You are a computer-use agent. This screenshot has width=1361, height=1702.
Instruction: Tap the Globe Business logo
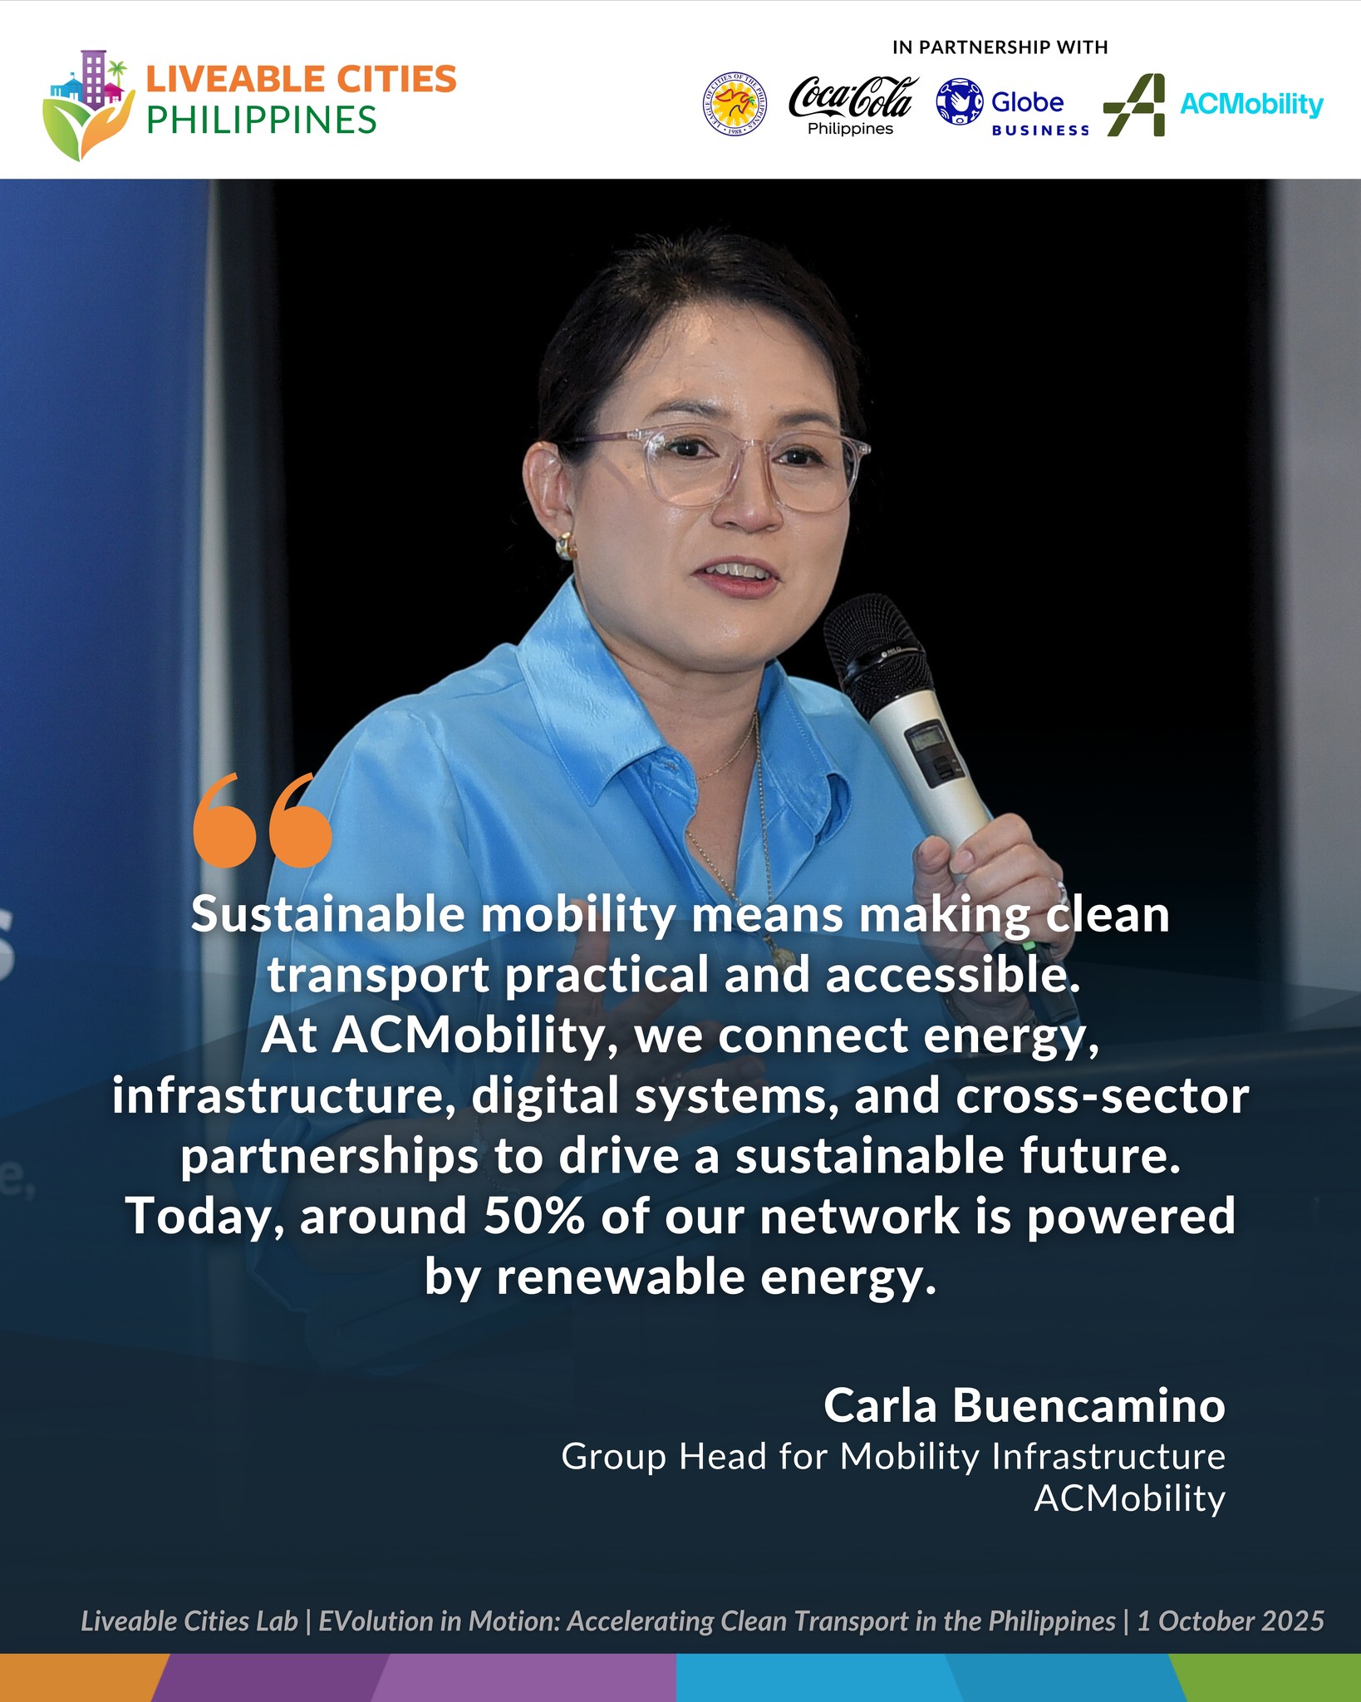(1013, 107)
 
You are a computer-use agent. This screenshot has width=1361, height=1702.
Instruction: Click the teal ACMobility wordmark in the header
(1251, 105)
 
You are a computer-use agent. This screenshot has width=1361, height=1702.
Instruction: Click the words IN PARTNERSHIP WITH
(1000, 47)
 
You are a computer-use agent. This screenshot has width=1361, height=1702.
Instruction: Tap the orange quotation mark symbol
(262, 820)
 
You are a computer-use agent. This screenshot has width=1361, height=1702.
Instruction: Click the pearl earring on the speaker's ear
(565, 545)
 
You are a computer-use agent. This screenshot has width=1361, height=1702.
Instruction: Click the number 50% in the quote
(534, 1217)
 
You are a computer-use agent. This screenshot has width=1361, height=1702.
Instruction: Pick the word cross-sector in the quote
(1103, 1096)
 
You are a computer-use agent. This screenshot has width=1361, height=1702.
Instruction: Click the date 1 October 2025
(1231, 1621)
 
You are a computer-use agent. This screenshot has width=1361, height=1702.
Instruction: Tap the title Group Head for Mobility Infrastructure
(893, 1457)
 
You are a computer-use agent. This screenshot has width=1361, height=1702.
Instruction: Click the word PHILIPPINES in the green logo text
(262, 121)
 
